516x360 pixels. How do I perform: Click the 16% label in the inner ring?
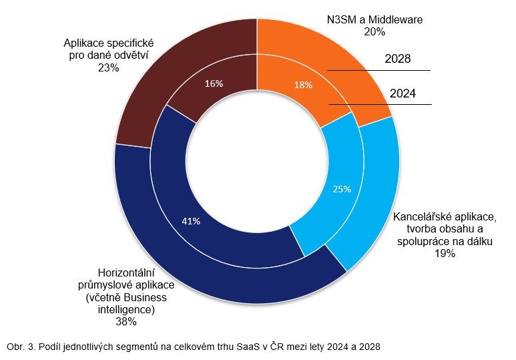(x=214, y=83)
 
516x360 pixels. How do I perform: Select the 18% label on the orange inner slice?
(x=303, y=85)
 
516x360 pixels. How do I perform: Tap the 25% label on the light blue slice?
(x=342, y=189)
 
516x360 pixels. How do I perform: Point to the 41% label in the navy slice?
(x=191, y=220)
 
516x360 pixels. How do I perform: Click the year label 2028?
(x=398, y=59)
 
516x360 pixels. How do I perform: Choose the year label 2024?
(x=403, y=94)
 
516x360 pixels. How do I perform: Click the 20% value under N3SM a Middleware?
(x=374, y=31)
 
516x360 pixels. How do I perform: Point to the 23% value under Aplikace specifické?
(x=107, y=67)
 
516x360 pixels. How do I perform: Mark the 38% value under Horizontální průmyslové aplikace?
(x=126, y=321)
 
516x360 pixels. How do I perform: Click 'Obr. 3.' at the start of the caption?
(x=21, y=347)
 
